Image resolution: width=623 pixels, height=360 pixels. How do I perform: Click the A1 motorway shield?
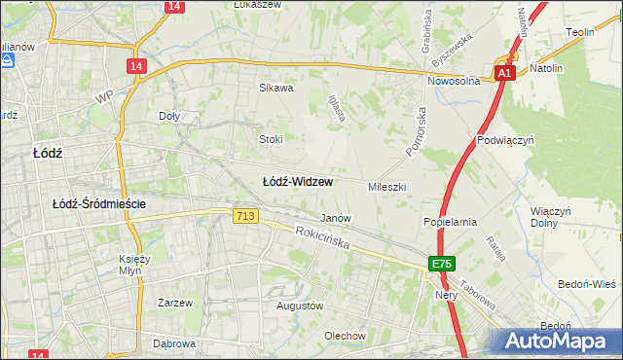pos(503,73)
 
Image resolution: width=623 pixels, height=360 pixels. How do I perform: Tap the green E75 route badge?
pos(442,264)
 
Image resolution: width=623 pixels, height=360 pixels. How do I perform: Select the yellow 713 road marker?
pos(245,215)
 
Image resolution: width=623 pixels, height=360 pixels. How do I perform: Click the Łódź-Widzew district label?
pos(298,182)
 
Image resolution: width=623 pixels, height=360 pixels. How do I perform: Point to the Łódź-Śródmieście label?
pos(98,203)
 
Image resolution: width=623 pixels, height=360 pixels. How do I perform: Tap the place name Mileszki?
pos(386,186)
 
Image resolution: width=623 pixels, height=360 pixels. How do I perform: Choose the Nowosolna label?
pos(453,82)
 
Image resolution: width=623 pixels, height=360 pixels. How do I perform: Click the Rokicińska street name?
pos(322,238)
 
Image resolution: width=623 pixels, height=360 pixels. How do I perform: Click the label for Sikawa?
pos(275,88)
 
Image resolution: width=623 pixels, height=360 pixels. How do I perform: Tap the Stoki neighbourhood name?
pos(270,139)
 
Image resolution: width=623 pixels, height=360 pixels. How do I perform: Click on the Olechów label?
pos(345,336)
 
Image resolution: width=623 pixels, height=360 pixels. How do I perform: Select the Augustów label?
pos(299,306)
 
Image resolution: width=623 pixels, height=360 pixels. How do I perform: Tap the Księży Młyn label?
pos(137,266)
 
